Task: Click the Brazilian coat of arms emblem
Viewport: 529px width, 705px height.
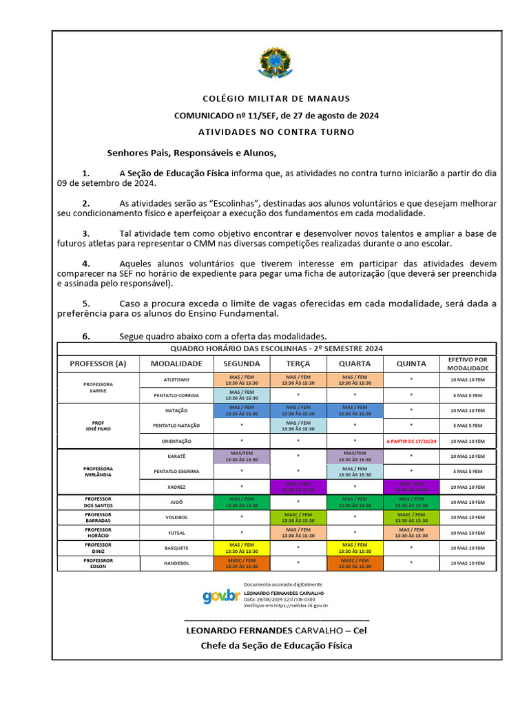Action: pyautogui.click(x=276, y=63)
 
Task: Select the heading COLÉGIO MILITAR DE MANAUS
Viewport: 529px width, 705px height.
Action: pyautogui.click(x=276, y=98)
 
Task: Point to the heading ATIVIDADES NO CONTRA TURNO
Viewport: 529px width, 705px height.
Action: pyautogui.click(x=276, y=131)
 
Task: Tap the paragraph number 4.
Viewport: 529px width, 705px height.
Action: pyautogui.click(x=86, y=263)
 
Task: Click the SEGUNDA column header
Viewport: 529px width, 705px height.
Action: pyautogui.click(x=241, y=363)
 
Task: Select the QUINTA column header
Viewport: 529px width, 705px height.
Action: pyautogui.click(x=411, y=363)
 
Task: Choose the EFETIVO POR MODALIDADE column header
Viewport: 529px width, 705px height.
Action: pyautogui.click(x=468, y=363)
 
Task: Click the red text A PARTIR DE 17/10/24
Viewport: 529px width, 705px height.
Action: pyautogui.click(x=411, y=441)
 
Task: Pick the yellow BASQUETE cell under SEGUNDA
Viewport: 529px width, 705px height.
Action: pyautogui.click(x=241, y=548)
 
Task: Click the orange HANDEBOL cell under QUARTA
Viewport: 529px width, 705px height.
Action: pyautogui.click(x=354, y=563)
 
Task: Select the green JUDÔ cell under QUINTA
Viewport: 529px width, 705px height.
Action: pyautogui.click(x=411, y=502)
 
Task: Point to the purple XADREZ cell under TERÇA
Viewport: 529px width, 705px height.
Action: pyautogui.click(x=298, y=487)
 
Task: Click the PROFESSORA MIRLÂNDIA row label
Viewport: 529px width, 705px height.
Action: pyautogui.click(x=98, y=472)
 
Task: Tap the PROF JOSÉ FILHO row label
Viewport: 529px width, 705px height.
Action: pyautogui.click(x=98, y=425)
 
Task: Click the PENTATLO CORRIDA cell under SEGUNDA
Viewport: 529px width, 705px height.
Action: pyautogui.click(x=241, y=395)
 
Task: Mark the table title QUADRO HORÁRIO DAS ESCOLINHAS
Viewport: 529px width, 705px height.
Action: pyautogui.click(x=276, y=349)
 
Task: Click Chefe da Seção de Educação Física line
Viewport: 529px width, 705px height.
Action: pyautogui.click(x=276, y=645)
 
